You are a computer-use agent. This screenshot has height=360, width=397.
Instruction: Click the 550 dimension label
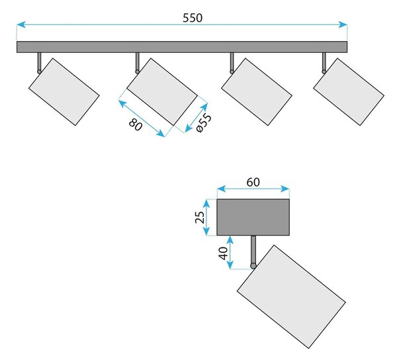coord(193,18)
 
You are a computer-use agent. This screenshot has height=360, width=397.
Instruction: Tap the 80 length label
coord(136,124)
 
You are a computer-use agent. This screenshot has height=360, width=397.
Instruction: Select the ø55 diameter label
coord(204,122)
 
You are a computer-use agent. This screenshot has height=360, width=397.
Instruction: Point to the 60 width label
coord(253,182)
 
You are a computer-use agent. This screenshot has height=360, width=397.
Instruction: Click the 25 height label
coord(200,217)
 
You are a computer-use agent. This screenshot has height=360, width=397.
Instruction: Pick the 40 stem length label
coord(223,253)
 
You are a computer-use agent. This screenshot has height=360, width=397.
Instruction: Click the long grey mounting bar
coord(182,47)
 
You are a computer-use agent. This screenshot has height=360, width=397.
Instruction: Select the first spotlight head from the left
coord(64,92)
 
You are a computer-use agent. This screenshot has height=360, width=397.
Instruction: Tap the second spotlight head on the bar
coord(162,92)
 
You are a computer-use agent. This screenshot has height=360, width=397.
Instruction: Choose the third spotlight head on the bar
coord(257,92)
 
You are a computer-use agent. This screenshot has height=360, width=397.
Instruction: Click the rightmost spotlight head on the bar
coord(349,92)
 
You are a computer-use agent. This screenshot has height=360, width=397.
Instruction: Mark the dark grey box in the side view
coord(253,217)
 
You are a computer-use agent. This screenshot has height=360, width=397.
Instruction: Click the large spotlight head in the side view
coord(291,296)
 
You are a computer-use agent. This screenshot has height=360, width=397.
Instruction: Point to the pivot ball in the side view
coord(253,266)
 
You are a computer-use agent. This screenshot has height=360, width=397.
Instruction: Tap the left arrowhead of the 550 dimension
coord(21,24)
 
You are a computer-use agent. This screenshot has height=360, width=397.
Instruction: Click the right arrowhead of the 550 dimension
coord(343,24)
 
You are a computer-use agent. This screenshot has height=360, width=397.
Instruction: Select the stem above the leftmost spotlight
coord(39,62)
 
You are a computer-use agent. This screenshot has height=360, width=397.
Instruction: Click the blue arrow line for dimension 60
coord(253,189)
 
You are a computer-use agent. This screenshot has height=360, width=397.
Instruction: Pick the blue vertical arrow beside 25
coord(206,217)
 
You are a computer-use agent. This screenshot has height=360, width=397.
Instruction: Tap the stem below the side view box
coord(253,250)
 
